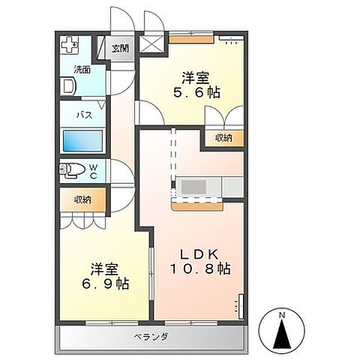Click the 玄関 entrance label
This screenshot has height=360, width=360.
(x=120, y=49)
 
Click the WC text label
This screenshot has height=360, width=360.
(x=94, y=169)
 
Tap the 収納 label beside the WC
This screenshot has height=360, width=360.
(x=82, y=199)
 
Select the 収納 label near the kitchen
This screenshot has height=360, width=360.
(x=223, y=137)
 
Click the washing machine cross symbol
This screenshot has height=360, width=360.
(x=70, y=44)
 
